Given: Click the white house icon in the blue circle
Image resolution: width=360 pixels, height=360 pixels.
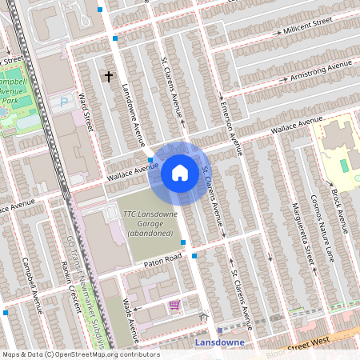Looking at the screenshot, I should tap(180, 173).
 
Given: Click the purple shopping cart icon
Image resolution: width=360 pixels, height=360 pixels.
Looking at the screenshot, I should tap(174, 306).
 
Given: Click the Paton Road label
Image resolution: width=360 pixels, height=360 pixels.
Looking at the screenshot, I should tap(163, 258).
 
